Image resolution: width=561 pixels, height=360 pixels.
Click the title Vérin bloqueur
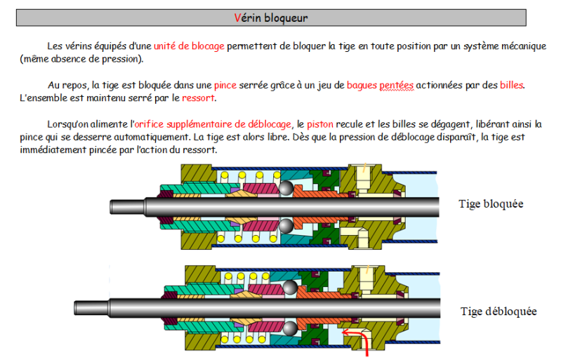coord(271,18)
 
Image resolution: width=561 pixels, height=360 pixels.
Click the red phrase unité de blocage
coord(189,46)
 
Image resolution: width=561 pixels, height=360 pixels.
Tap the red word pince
coord(225,86)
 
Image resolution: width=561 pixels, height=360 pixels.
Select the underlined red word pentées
coord(397,86)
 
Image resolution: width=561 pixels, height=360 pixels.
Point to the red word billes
coord(512,85)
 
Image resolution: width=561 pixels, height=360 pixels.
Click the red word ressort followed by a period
coord(198,98)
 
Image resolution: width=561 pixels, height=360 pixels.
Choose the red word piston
coord(320,124)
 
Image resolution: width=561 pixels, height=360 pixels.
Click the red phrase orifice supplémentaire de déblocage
coord(213,124)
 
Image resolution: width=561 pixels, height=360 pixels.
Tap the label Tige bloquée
coord(491,204)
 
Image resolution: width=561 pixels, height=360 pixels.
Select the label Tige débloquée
coord(499,312)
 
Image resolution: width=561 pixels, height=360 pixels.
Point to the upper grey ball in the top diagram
coord(286,188)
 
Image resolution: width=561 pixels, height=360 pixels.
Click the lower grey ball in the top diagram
coord(286,226)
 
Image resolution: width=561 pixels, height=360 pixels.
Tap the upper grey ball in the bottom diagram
coord(290,288)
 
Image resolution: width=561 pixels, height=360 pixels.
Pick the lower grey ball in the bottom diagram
coord(290,328)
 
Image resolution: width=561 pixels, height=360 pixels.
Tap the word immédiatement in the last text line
coord(53,149)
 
